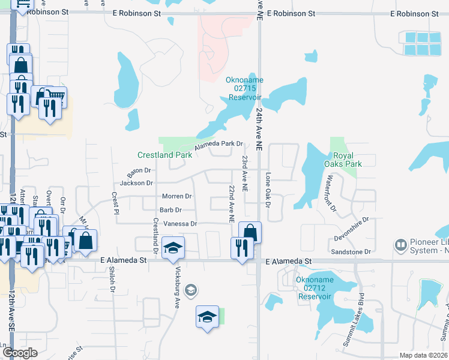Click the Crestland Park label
(164, 155)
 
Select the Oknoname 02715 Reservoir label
(244, 89)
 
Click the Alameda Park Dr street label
(218, 145)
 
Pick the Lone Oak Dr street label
(268, 190)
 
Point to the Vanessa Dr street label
(178, 224)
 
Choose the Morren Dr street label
(176, 196)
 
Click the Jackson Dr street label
(137, 183)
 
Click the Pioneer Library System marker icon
(400, 245)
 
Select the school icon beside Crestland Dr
(173, 248)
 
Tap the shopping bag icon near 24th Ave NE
(250, 232)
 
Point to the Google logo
(20, 353)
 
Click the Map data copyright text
(423, 355)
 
